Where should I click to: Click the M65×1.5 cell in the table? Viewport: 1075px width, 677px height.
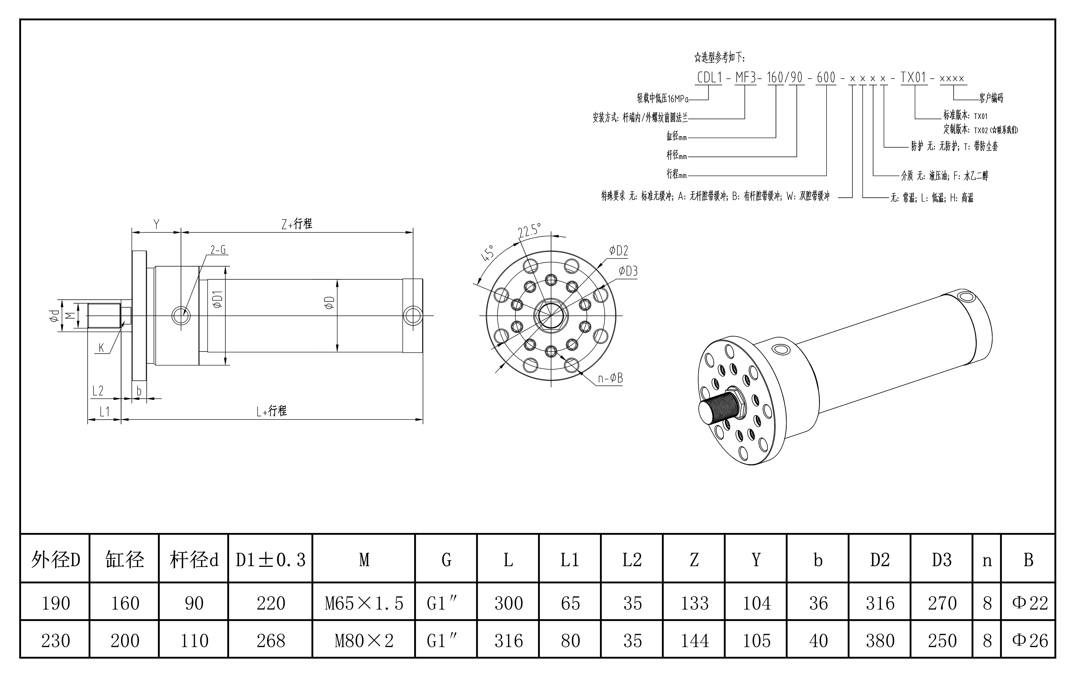(364, 603)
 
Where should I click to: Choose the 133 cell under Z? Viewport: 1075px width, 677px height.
(694, 603)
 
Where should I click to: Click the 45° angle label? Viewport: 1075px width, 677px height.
(487, 253)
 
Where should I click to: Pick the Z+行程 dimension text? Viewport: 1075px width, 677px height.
(297, 224)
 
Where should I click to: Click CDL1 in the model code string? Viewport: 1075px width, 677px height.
(709, 78)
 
